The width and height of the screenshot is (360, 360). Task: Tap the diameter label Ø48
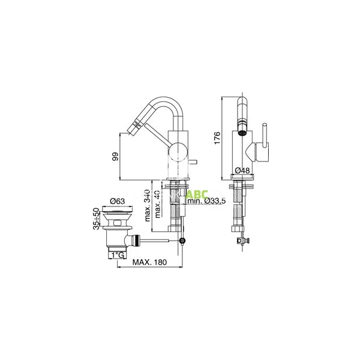tap(242, 171)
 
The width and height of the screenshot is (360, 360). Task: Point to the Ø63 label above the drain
tap(118, 202)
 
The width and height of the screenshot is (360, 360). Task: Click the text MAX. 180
tap(148, 262)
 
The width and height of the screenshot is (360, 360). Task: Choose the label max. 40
tap(157, 203)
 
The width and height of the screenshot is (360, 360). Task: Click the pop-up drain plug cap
tap(118, 212)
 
